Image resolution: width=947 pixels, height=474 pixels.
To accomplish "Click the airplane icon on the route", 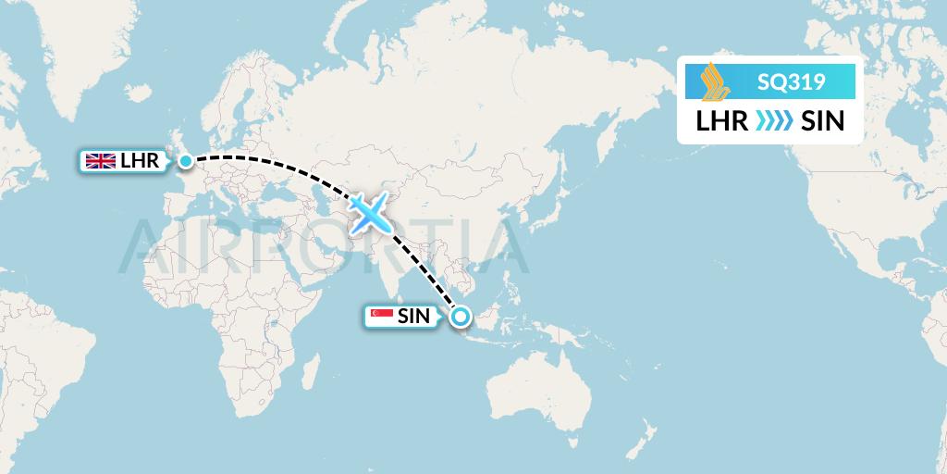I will pos(371,214).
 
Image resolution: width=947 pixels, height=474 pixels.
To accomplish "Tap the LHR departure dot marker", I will pos(186,162).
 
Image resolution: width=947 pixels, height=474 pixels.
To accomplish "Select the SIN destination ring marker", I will pos(460,317).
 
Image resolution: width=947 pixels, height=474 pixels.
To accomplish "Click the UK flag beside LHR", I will pos(99,162).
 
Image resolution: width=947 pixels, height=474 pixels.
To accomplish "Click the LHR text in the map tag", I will pos(141,162).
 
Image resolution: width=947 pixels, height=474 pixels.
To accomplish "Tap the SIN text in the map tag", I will pos(413,317).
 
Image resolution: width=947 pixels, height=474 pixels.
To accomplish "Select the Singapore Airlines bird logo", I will pos(712,81).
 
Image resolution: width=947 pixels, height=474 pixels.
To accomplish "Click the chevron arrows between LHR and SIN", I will pos(774,121).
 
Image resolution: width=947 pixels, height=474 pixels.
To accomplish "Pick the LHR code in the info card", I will pos(721,121).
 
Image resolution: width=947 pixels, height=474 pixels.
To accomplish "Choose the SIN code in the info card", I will pos(822,121).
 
